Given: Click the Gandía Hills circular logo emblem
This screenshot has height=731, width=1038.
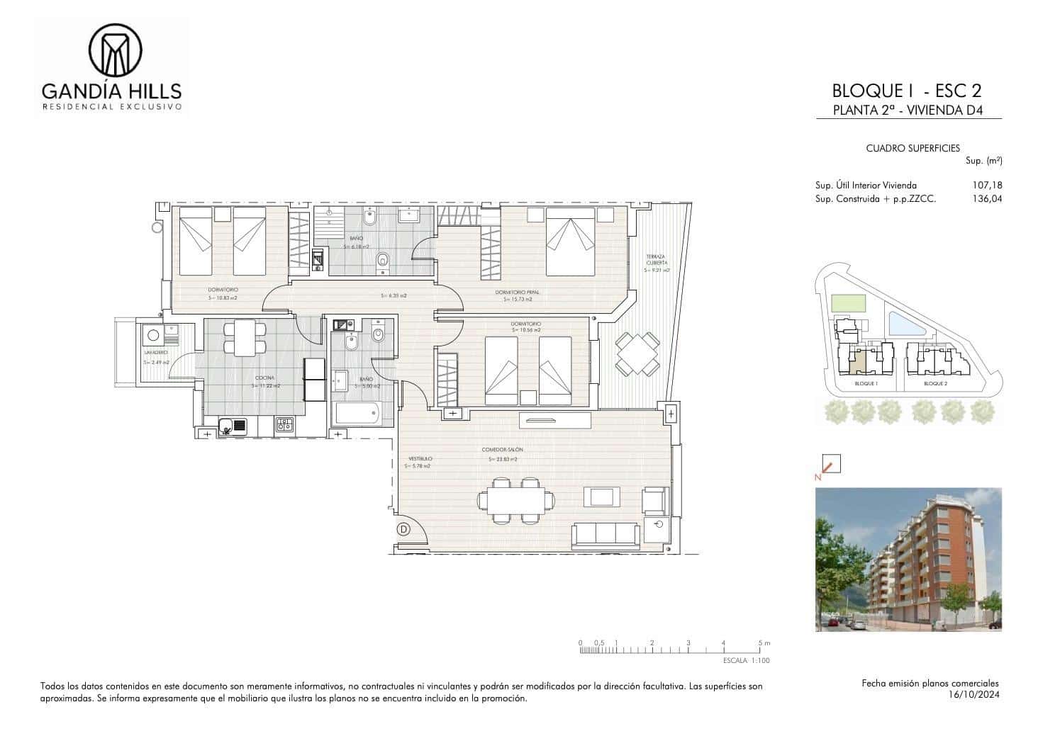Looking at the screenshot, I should [115, 50].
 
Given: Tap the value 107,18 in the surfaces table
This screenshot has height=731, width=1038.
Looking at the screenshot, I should [988, 186].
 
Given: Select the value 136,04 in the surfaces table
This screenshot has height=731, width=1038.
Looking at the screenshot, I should [988, 200].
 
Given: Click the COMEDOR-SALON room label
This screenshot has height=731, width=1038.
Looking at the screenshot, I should [502, 449].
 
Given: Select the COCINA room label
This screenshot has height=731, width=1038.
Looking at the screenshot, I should [264, 378].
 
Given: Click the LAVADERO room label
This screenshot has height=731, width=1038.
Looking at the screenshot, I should [156, 352].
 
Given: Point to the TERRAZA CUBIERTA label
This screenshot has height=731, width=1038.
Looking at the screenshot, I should [656, 259].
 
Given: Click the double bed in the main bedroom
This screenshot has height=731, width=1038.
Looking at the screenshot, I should [570, 242].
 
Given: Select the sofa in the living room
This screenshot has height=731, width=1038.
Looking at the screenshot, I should [605, 535].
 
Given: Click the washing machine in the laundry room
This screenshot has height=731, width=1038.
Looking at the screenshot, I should [152, 335].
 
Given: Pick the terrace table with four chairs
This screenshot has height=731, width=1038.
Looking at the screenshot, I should [637, 354].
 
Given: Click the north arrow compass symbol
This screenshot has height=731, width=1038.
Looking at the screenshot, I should [830, 465].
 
